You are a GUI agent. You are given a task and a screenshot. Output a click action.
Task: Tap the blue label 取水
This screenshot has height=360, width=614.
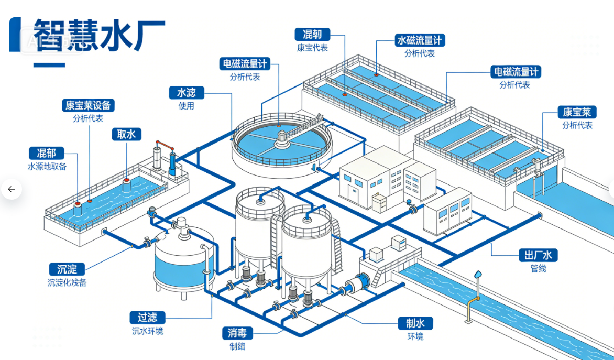pos(126,134)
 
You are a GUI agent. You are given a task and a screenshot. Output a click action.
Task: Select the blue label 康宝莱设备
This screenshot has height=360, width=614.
pos(88,105)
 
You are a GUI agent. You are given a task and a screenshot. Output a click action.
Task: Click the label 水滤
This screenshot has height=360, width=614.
pos(186,93)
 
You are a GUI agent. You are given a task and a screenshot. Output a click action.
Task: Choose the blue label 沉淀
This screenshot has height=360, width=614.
pos(67,269)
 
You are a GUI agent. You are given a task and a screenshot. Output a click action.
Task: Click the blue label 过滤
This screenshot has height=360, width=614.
pos(147,318)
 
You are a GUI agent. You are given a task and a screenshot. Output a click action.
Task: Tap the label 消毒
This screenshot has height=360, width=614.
pos(237,333)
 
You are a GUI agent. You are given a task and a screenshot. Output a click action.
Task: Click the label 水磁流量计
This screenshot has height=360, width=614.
pos(419,40)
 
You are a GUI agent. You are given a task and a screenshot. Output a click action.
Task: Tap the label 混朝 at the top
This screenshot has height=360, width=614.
pos(312,35)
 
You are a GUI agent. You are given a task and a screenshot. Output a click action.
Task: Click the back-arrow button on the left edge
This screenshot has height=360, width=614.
pos(12,189)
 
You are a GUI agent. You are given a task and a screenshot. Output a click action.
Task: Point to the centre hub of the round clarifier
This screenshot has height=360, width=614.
pos(282,137)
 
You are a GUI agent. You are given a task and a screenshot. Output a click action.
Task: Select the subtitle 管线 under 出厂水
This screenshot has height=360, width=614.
pos(538,268)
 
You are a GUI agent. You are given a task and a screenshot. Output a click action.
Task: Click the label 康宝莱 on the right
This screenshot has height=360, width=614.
pos(577,112)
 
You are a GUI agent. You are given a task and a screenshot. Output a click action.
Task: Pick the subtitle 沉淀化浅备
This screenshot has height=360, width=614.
pos(67,282)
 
